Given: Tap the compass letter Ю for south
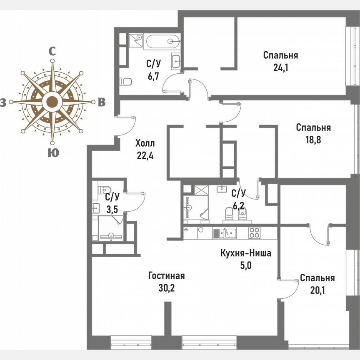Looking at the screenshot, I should pos(52,153).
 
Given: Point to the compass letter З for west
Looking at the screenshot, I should pos(3,102).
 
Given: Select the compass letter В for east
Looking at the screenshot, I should pos(101,102).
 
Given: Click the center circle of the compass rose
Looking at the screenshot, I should pos(52,102).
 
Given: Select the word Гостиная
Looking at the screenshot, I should pos(166,276).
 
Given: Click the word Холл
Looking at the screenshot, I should pos(145,144).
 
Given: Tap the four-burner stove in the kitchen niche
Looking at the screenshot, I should pos(255,232).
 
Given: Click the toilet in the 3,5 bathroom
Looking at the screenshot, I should pos(103,190).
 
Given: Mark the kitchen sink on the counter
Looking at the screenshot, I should pos(228,232).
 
